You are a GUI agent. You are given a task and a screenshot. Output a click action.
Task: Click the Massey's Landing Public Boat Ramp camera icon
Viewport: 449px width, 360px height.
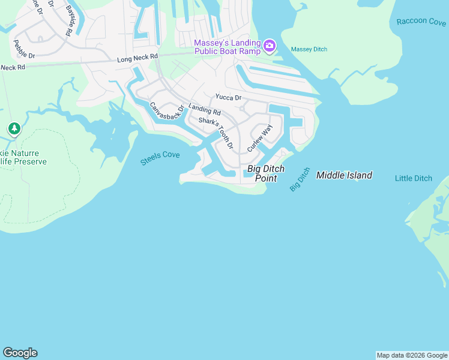tap(270, 46)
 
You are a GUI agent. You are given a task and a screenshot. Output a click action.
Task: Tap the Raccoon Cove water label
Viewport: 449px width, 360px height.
tap(421, 22)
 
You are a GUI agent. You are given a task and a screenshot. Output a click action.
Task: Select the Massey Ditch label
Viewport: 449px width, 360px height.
tap(309, 49)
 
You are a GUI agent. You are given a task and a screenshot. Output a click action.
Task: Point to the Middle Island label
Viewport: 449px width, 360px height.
tap(344, 175)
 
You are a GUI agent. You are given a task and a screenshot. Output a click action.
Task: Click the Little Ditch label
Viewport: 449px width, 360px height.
tap(413, 178)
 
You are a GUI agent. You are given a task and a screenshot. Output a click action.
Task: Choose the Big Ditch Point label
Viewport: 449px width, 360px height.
tap(266, 173)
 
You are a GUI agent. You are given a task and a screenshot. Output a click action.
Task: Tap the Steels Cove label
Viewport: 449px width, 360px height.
tap(160, 158)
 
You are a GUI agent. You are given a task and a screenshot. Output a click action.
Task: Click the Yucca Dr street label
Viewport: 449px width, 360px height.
tap(228, 97)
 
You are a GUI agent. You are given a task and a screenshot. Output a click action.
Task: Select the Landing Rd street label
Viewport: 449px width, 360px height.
tap(205, 110)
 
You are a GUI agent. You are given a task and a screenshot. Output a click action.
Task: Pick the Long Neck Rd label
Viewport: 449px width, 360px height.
tap(137, 58)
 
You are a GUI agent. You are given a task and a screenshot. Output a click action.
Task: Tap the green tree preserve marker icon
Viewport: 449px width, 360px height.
tap(14, 128)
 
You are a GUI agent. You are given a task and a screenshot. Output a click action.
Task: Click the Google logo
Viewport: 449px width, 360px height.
tap(20, 353)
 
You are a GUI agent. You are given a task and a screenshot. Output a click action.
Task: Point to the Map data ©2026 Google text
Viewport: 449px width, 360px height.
tap(412, 355)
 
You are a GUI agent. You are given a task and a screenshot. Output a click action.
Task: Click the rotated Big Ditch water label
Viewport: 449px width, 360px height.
tap(300, 179)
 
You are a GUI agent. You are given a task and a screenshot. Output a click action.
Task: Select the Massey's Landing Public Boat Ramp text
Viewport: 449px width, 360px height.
tap(227, 47)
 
